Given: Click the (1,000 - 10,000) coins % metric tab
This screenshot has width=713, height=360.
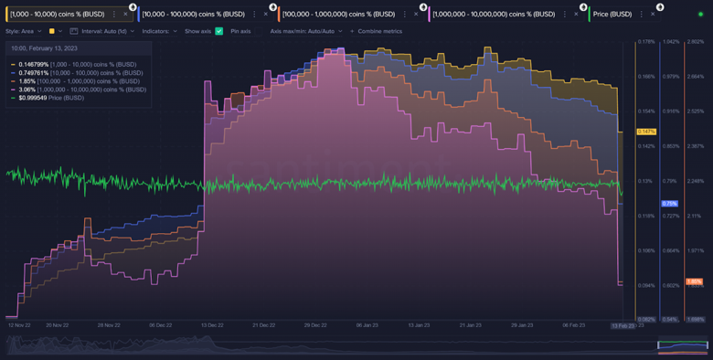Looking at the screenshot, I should coord(58,14).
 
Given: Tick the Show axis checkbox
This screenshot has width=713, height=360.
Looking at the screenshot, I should coord(218,31).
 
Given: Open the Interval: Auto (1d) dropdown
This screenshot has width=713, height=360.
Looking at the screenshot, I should coord(106,31).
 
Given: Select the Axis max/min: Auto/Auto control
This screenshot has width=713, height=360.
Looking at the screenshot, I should coord(305,31).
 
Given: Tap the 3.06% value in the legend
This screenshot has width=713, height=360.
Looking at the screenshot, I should coord(27,90).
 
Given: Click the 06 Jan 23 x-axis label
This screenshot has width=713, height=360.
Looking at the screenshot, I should coord(367,324).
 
